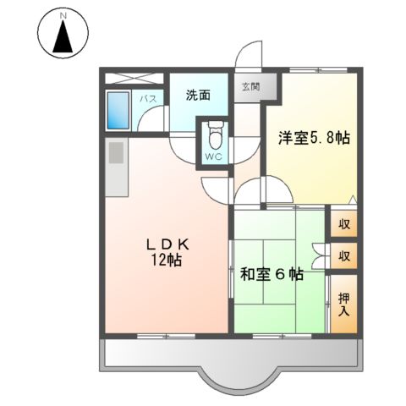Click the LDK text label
coord(165,244)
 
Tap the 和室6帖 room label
coord(272,273)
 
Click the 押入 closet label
coord(343,304)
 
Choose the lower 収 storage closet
coord(344,255)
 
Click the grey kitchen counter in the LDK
coord(115,165)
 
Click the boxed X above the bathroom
coord(136,78)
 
